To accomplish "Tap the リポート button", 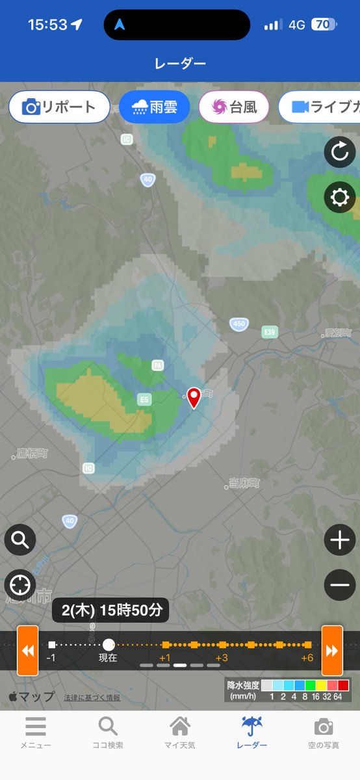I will (x=59, y=107).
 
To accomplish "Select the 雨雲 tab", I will (x=154, y=107).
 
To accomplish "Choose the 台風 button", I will (x=234, y=107).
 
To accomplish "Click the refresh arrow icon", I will (x=340, y=153).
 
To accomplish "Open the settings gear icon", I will (x=340, y=198).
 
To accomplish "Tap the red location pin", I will (x=194, y=397).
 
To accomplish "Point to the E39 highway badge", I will (x=270, y=332).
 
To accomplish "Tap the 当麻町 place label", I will (x=244, y=484).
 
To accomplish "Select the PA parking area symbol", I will (x=157, y=365).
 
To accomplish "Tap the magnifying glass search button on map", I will (x=20, y=539).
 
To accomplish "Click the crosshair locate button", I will (x=20, y=585).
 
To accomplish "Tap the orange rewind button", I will (x=28, y=650).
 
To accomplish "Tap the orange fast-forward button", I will (x=332, y=650).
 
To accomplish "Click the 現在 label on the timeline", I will (x=108, y=658).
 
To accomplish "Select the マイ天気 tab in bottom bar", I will (x=180, y=733).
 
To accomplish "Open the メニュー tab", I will (x=36, y=733).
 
